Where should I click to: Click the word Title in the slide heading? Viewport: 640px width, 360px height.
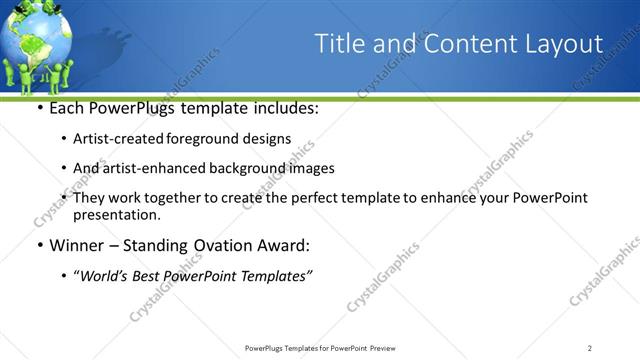point(337,44)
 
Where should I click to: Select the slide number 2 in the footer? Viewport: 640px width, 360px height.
point(590,348)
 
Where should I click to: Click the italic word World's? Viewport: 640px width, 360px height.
point(107,276)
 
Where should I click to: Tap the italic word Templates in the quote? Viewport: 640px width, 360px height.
point(280,276)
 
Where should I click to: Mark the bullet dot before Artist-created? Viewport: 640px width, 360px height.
point(65,140)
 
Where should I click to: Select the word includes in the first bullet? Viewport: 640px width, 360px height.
point(284,108)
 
